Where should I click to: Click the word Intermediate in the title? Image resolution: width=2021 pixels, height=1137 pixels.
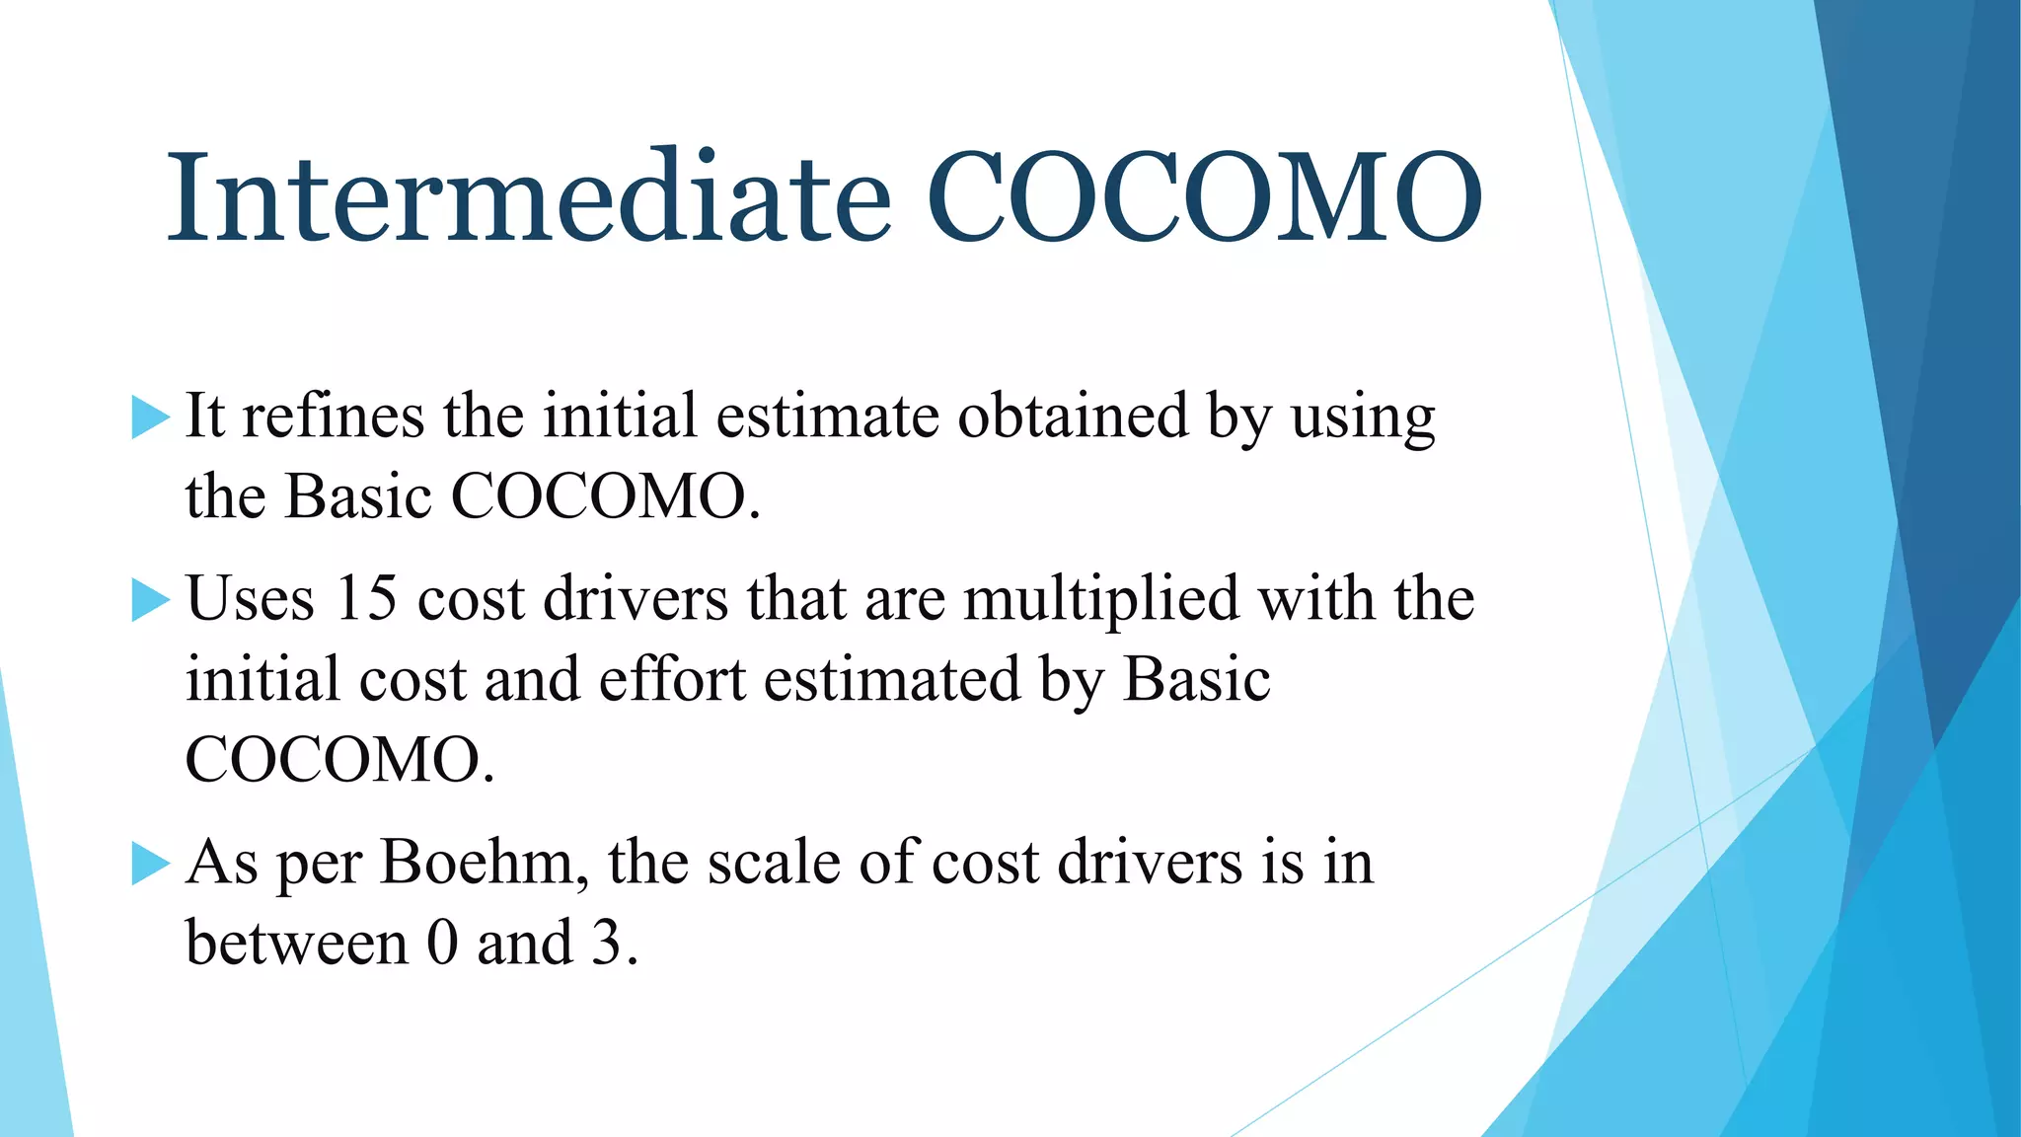[529, 197]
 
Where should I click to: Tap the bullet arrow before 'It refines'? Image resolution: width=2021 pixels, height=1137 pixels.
[150, 418]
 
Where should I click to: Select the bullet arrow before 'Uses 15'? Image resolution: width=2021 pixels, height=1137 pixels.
[150, 601]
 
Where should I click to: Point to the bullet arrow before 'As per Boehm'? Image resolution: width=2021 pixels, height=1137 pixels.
[150, 865]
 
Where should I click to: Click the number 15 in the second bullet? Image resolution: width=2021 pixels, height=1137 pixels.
[365, 599]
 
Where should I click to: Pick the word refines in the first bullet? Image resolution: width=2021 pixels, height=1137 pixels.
[334, 416]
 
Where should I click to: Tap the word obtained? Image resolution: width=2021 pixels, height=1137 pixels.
[1073, 416]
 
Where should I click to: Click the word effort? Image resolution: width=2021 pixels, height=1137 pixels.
[671, 680]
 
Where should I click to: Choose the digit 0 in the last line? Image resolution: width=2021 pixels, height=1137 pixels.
[443, 944]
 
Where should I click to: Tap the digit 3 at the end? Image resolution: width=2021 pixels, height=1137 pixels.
[606, 944]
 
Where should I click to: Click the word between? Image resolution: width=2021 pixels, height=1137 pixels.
[296, 944]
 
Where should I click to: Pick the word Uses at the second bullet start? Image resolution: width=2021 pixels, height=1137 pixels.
[250, 599]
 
